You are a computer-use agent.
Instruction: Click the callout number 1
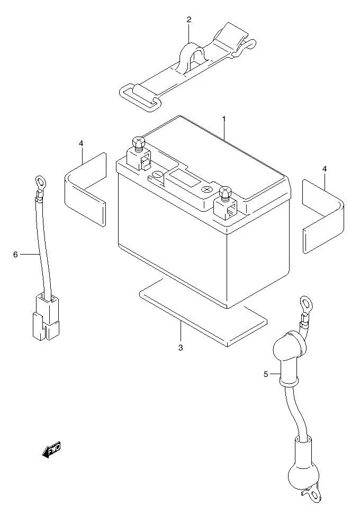224,120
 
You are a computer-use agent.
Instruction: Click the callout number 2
189,20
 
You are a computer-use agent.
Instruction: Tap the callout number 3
181,348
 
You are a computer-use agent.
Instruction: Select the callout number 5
266,375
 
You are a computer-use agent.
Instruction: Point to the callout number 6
15,255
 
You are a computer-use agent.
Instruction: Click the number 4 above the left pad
81,143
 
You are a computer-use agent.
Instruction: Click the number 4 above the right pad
325,169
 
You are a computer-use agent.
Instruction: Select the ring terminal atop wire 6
39,182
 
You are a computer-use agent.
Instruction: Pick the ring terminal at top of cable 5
305,304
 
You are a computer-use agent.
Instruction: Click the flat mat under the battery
201,312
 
